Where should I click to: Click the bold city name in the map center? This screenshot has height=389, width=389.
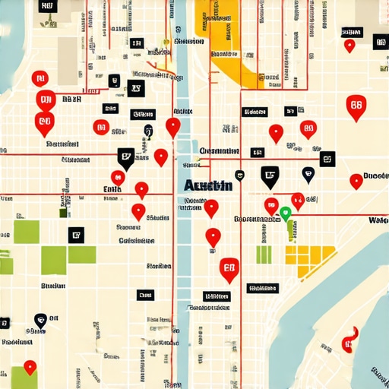click(x=208, y=185)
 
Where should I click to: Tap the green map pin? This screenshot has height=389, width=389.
click(x=286, y=213)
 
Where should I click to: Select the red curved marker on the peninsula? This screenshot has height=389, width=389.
click(x=349, y=339)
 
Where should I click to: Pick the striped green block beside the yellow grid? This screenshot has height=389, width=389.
click(x=264, y=254)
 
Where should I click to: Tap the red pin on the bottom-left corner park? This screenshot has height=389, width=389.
click(x=30, y=367)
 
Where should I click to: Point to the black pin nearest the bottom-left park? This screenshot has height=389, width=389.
click(x=40, y=319)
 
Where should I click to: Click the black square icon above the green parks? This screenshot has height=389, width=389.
click(x=75, y=235)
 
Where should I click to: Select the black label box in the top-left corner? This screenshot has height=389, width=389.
click(x=46, y=7)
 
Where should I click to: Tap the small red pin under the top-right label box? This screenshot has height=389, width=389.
click(x=349, y=46)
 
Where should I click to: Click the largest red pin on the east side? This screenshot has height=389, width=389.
click(x=356, y=107)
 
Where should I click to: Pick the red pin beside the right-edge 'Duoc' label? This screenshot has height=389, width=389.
click(x=356, y=181)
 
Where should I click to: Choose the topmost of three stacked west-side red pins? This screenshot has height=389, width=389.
click(x=39, y=77)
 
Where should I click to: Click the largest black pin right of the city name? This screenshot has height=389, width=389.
click(x=270, y=176)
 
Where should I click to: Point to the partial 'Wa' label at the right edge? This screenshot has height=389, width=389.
click(x=378, y=220)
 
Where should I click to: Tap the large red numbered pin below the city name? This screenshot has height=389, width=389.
click(x=229, y=269)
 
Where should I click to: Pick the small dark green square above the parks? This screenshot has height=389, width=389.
click(x=64, y=213)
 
